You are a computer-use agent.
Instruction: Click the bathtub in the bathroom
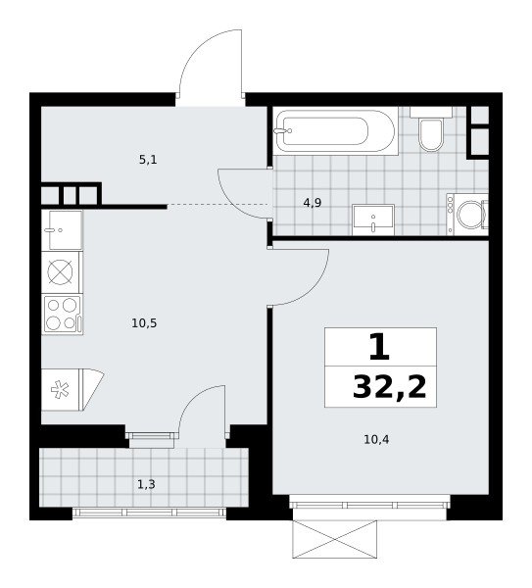pos(335,131)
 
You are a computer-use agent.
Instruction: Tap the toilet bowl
pos(430,134)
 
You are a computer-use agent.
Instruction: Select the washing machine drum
pos(470,215)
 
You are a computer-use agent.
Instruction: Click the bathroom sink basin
pos(373,220)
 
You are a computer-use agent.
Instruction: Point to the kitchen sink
pos(63,230)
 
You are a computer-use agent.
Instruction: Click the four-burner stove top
pos(63,315)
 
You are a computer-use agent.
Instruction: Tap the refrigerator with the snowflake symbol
pos(72,390)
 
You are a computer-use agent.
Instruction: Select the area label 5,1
pos(148,160)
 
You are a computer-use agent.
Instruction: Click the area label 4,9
pos(313,203)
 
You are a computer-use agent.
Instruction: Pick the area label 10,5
pos(144,322)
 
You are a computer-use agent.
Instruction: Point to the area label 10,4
pos(376,439)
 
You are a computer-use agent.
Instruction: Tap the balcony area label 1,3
pos(146,485)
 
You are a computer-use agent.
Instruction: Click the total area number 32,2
pos(390,387)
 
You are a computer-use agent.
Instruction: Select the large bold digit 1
pos(379,348)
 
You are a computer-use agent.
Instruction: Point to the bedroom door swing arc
pos(314,286)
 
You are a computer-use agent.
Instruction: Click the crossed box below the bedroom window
pos(334,539)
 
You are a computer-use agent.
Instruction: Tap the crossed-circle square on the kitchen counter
pos(60,272)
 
